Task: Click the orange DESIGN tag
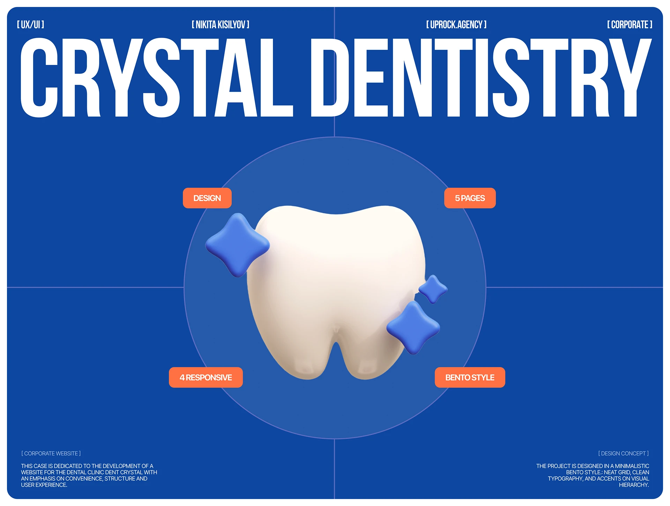click(207, 198)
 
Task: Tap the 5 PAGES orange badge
click(470, 198)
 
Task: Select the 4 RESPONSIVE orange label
click(206, 377)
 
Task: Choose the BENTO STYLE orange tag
click(470, 377)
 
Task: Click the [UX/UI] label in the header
click(31, 24)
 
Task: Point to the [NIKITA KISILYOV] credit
click(221, 24)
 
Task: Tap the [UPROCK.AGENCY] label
click(456, 24)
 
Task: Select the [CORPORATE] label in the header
click(630, 24)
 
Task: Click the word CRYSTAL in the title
click(157, 77)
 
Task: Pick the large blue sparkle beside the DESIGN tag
click(238, 245)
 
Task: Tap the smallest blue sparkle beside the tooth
click(433, 289)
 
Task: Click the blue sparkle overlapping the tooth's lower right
click(413, 328)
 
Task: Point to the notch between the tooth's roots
click(336, 344)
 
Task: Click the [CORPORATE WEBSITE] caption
click(51, 453)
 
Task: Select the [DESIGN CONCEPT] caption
click(624, 453)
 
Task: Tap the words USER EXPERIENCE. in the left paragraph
click(44, 485)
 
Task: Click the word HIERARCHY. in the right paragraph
click(634, 485)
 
